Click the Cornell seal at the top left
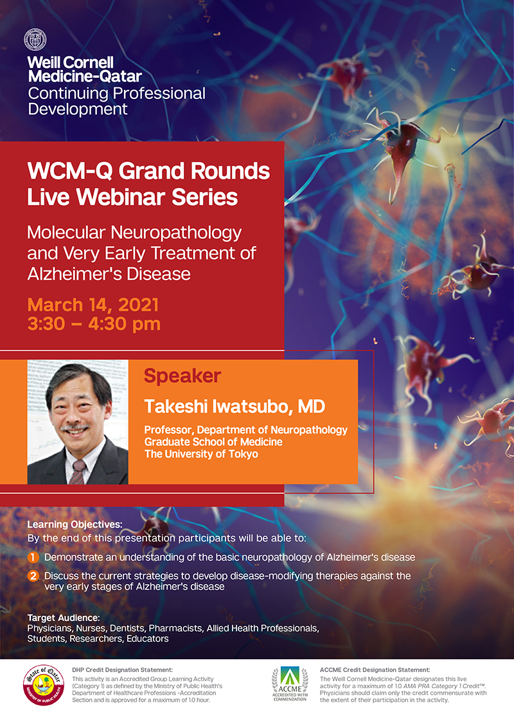(35, 39)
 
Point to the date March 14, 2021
(93, 305)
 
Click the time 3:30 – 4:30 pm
(94, 324)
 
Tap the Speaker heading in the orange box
(182, 376)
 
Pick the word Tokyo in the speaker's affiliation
(242, 454)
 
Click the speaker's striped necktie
(78, 472)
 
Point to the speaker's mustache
(75, 426)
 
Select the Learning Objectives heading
(75, 525)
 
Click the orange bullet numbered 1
(33, 557)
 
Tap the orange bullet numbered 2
(33, 576)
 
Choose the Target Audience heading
(64, 618)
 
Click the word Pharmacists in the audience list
(175, 628)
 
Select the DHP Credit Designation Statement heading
(122, 670)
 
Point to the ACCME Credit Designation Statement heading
(375, 670)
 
